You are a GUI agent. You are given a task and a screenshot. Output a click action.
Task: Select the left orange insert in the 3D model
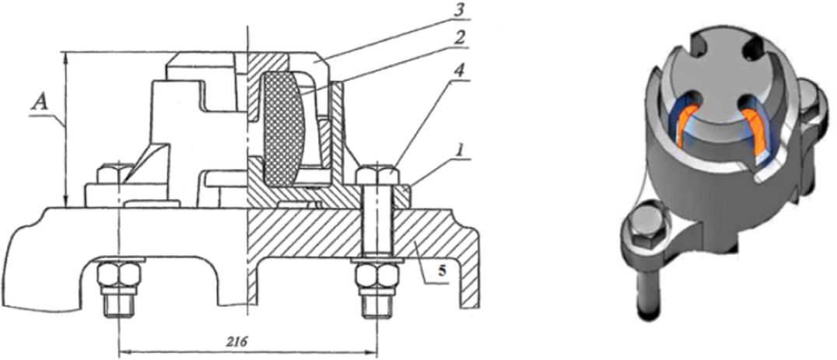click(688, 128)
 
